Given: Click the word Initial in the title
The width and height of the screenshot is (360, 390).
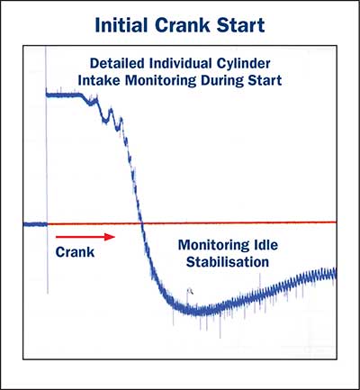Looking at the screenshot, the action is point(122,25).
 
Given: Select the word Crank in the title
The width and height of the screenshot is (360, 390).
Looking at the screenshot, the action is point(183,25).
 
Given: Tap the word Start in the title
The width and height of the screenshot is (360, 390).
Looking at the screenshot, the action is point(240,25).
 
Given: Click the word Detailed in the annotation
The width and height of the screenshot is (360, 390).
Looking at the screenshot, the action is point(118,63).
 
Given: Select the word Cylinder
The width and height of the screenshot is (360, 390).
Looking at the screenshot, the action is point(243,64).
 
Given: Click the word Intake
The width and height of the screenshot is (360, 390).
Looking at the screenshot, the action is point(99,80).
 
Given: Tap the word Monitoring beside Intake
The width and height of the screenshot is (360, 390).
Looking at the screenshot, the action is point(160,81).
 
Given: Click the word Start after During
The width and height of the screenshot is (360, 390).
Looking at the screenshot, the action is point(264,80).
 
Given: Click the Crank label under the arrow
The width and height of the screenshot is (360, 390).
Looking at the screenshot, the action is point(75,252).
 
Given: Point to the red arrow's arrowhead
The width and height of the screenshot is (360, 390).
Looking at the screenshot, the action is point(110,237).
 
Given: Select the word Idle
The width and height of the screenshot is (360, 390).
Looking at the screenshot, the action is point(265,245).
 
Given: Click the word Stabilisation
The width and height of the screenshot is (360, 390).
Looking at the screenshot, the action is point(228,262).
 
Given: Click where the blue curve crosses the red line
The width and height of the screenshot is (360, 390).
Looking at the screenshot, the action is point(142,223).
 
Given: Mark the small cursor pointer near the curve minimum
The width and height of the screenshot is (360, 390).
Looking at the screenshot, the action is point(190,291).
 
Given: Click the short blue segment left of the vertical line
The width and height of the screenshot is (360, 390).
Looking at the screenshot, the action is point(35,224).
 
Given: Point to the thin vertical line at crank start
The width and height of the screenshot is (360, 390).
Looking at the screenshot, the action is point(47,169).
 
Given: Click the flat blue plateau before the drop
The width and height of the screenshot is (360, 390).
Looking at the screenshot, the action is point(64,95).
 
